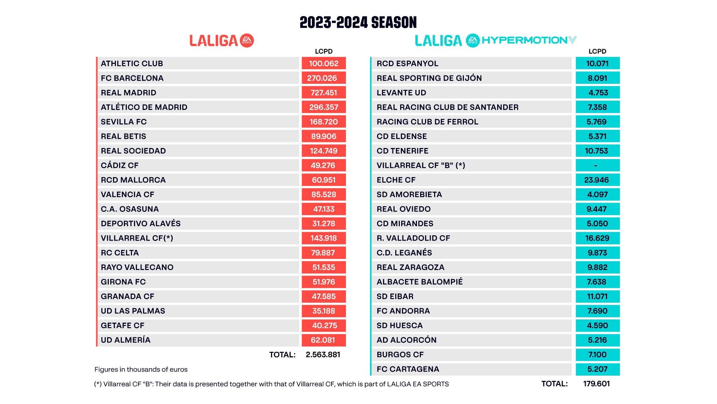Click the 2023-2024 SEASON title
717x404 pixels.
coord(358,22)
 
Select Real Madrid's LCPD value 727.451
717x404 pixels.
coord(323,93)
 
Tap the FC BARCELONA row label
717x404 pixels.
coord(132,78)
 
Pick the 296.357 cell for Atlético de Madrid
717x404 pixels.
coord(323,107)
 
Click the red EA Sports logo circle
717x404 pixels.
coord(247,41)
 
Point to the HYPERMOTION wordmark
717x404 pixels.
coord(524,40)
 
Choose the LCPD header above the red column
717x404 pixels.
coord(323,51)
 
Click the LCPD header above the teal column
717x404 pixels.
coord(597,51)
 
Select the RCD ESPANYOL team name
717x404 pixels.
coord(407,63)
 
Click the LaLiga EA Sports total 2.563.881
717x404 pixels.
coord(323,355)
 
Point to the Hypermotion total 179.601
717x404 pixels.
coord(596,384)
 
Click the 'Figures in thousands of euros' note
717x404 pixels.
coord(141,369)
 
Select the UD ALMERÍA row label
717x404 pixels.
coord(125,340)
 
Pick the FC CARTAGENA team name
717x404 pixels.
coord(408,369)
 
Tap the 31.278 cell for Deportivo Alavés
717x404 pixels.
coord(323,223)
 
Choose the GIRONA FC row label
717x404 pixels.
coord(123,282)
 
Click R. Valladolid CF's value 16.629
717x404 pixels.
coord(597,238)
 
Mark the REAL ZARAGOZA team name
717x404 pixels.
coord(410,267)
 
